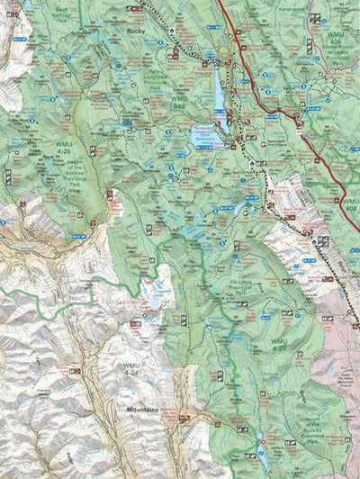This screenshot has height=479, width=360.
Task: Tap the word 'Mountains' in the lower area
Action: click(141, 410)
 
